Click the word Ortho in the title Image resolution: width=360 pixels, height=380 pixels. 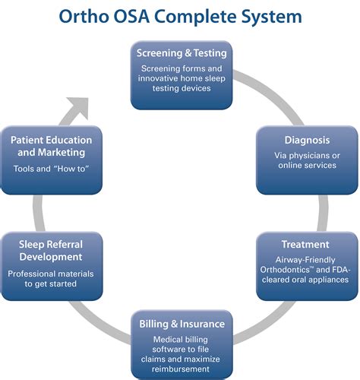[84, 17]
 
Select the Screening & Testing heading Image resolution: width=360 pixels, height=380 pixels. [182, 53]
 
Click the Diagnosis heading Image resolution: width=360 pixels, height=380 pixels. [307, 141]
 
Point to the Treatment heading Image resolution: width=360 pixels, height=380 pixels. [305, 245]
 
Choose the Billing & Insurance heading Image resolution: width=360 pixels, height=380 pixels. [182, 324]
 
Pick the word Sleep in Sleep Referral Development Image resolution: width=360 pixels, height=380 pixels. [31, 245]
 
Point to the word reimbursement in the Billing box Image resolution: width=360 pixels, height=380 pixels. [181, 369]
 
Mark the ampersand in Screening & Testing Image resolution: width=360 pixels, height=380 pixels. [188, 53]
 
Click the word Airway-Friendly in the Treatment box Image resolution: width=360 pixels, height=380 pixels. [305, 260]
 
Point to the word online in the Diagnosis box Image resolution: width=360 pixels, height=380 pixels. [292, 166]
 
